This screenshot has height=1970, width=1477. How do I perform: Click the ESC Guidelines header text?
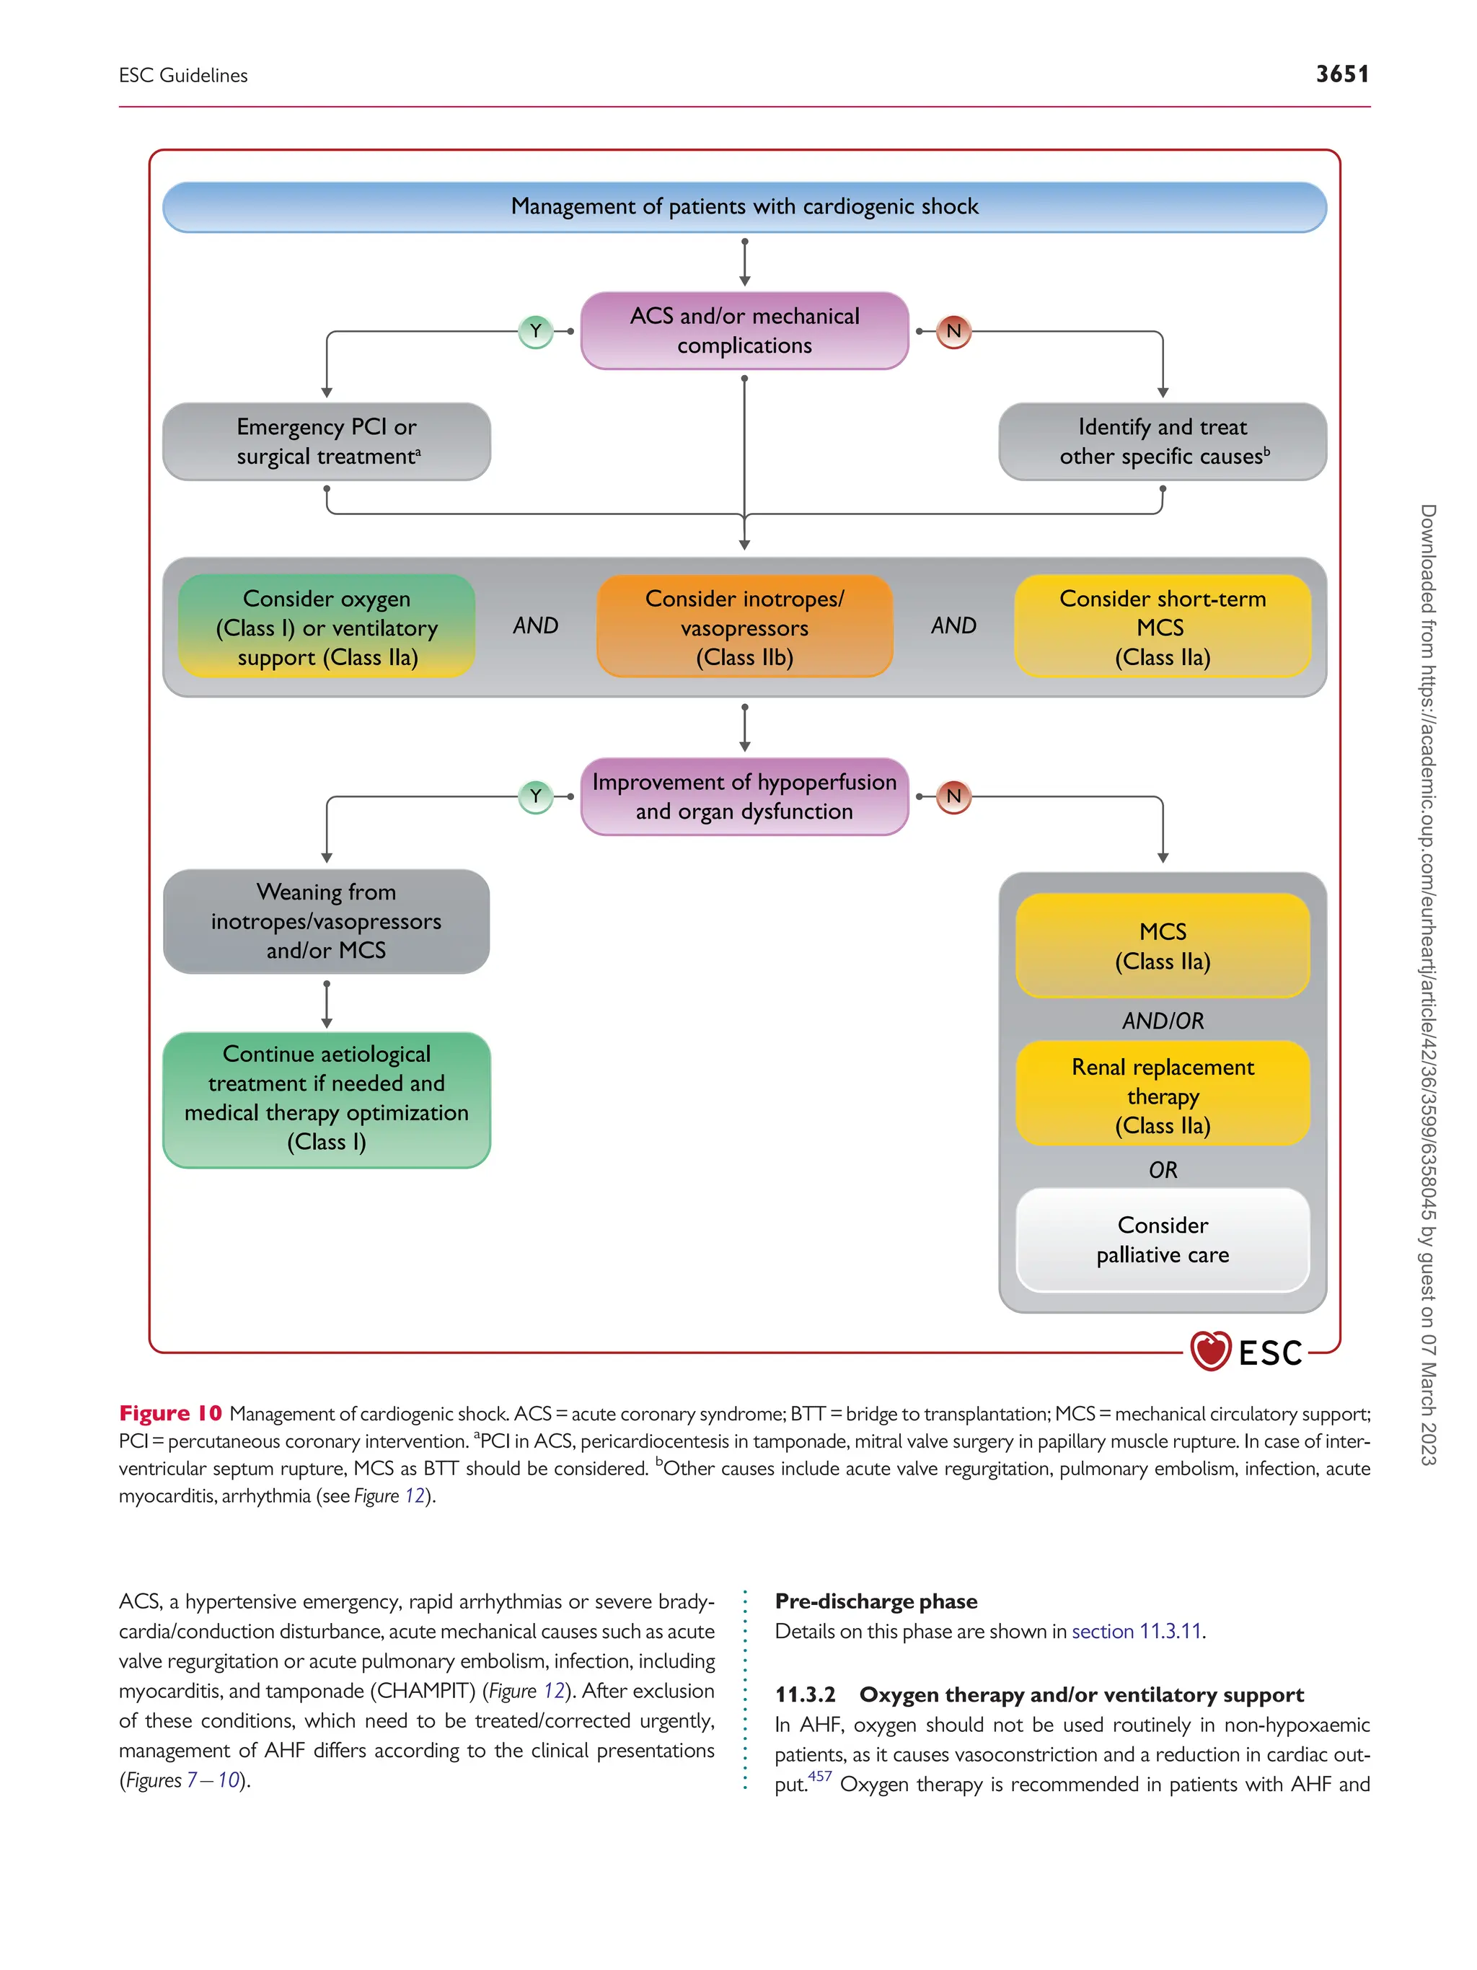tap(183, 76)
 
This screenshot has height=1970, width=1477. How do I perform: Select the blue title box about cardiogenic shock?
tap(744, 206)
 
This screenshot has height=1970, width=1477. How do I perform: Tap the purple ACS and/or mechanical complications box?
tap(744, 330)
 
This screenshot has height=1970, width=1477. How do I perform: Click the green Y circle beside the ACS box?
tap(535, 331)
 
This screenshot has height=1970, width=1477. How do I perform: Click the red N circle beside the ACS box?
tap(953, 331)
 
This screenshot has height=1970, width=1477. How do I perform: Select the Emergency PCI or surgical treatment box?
tap(327, 441)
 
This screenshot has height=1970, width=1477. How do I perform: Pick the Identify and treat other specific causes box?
tap(1162, 441)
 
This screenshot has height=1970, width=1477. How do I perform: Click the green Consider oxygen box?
tap(327, 627)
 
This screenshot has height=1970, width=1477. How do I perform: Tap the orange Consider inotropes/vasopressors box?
tap(744, 627)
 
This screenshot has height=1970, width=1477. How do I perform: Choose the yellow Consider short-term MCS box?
tap(1162, 627)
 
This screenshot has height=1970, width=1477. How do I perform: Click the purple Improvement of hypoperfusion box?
tap(744, 796)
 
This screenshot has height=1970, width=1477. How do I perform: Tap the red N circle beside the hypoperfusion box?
tap(953, 796)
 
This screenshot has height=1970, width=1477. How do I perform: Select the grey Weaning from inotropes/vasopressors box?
tap(327, 921)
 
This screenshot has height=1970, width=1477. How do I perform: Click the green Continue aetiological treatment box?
tap(327, 1098)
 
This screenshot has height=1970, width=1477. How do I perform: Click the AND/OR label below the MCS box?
tap(1162, 1021)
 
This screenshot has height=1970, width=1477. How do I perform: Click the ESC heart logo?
tap(1210, 1350)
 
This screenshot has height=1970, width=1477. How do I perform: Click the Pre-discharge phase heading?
tap(876, 1601)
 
